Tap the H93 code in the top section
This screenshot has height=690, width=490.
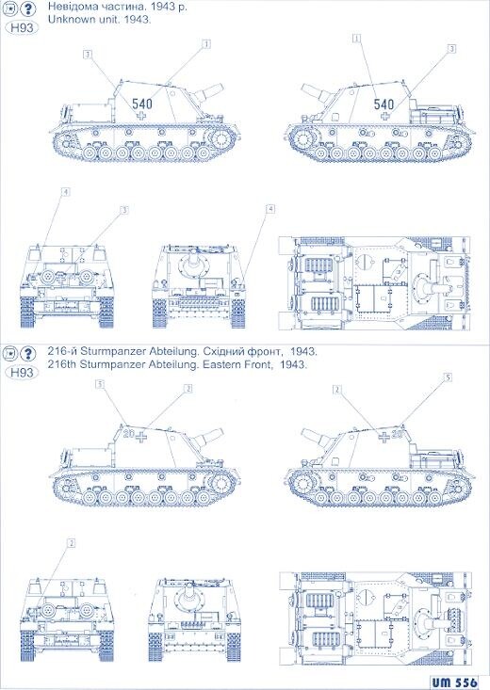(21, 28)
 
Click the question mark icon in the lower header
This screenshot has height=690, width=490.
(25, 353)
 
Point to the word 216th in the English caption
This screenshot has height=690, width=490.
(63, 365)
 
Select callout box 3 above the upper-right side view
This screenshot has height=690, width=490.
(452, 48)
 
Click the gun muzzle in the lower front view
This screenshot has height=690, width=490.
(196, 595)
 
